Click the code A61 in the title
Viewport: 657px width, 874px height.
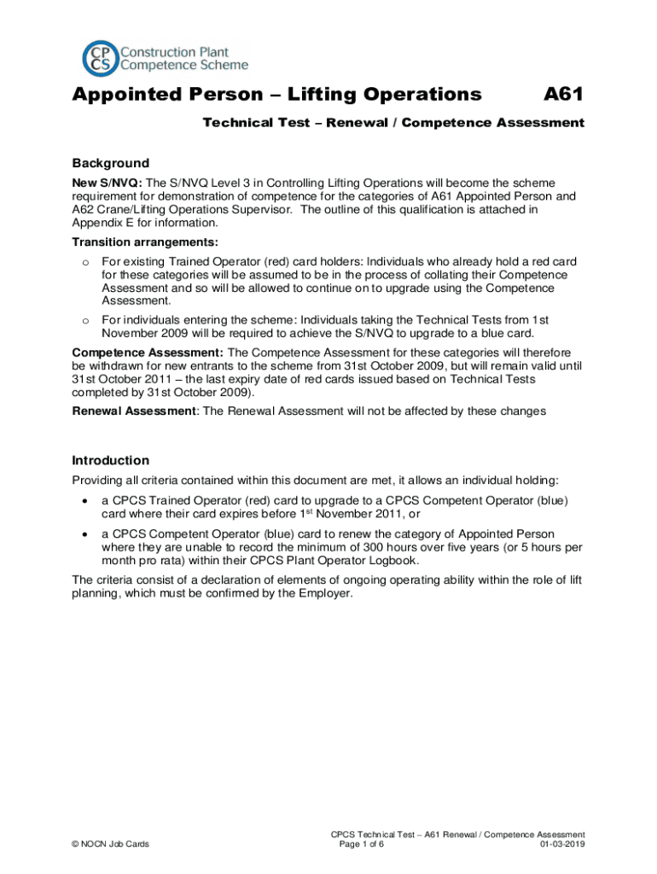click(564, 95)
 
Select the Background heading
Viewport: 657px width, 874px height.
click(110, 163)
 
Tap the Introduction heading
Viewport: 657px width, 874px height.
click(111, 460)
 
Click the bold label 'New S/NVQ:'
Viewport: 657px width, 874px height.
click(108, 184)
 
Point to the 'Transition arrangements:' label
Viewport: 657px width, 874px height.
click(132, 242)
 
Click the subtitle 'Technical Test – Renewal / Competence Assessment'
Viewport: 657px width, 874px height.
click(392, 123)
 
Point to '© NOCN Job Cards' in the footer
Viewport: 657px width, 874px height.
click(111, 845)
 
